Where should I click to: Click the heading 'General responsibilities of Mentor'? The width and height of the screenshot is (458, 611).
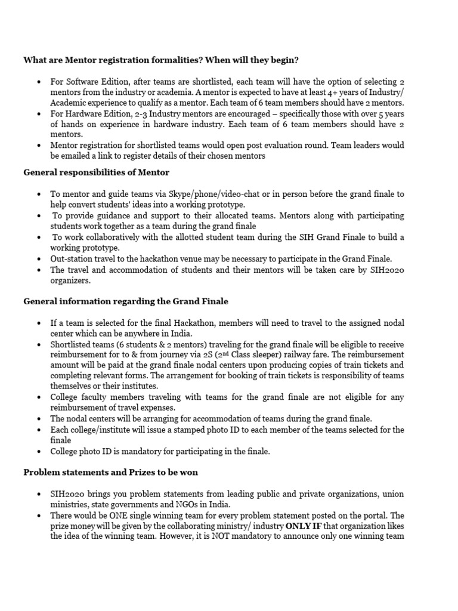pyautogui.click(x=96, y=172)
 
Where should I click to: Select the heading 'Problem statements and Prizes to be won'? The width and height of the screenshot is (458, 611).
pyautogui.click(x=111, y=472)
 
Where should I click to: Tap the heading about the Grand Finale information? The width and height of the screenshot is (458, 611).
pyautogui.click(x=126, y=301)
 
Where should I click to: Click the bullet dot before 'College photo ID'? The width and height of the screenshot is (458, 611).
pyautogui.click(x=38, y=452)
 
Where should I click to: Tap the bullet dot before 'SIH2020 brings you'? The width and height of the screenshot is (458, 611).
pyautogui.click(x=38, y=494)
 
